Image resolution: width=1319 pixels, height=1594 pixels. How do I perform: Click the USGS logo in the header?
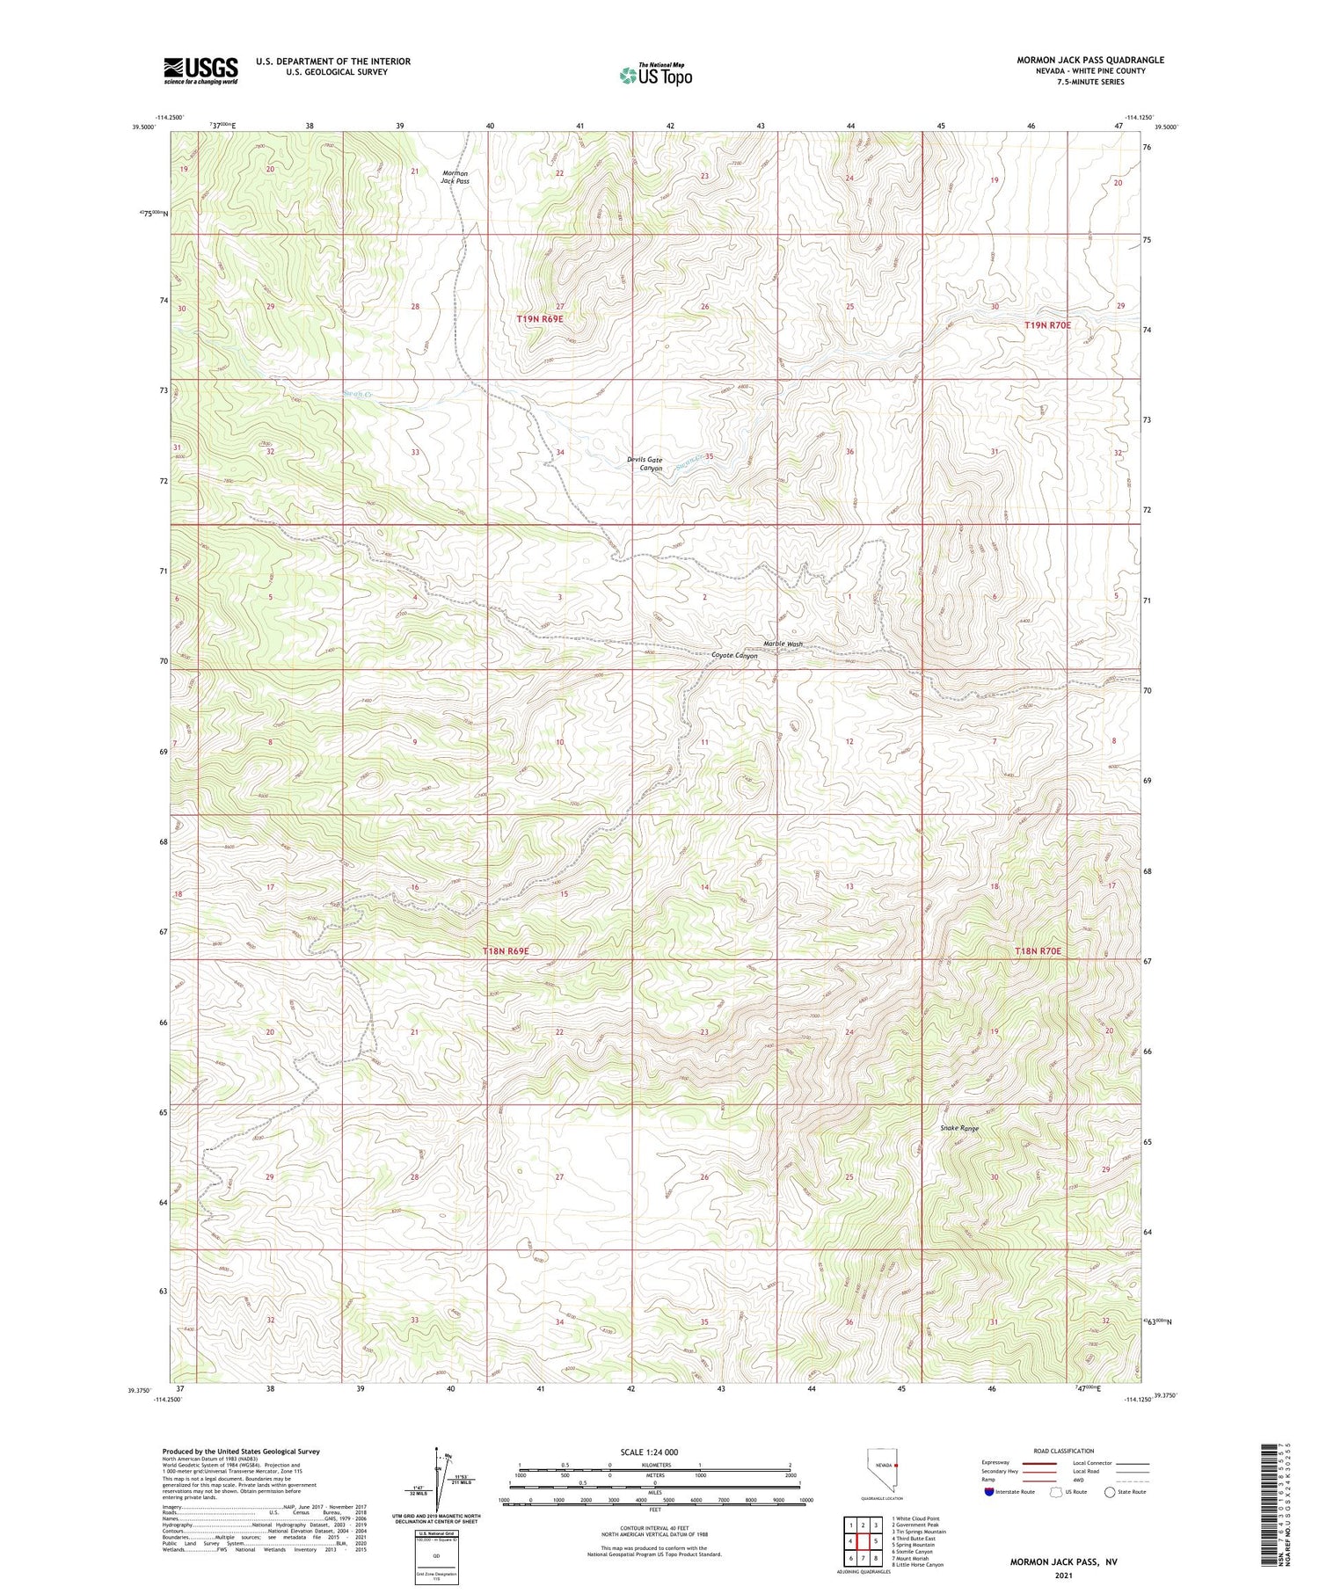(x=200, y=70)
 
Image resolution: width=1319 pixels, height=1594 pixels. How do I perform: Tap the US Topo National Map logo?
(x=654, y=75)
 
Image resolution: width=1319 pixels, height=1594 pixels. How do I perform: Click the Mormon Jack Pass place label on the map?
(x=455, y=177)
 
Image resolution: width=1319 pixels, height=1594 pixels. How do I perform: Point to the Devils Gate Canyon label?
(x=645, y=464)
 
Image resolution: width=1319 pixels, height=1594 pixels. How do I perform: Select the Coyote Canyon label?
(x=734, y=656)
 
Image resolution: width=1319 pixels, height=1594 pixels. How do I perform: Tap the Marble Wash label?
(x=783, y=644)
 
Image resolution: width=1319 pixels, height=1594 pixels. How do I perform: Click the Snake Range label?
(x=959, y=1128)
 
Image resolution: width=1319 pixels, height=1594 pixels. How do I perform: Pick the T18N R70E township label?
(x=1038, y=951)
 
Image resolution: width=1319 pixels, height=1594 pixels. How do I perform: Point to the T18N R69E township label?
(x=506, y=951)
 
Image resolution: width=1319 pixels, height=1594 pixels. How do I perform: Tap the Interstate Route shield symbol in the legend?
(x=989, y=1492)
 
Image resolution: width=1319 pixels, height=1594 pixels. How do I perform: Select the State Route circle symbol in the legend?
(x=1110, y=1492)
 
